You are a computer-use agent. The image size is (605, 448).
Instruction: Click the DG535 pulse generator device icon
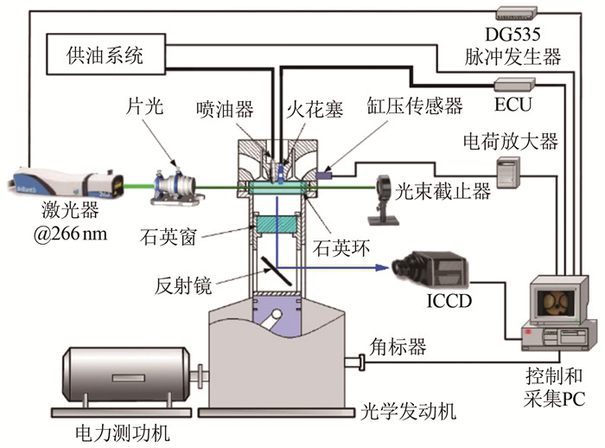[x=516, y=12]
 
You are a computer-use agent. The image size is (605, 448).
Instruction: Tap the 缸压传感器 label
[x=414, y=106]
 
